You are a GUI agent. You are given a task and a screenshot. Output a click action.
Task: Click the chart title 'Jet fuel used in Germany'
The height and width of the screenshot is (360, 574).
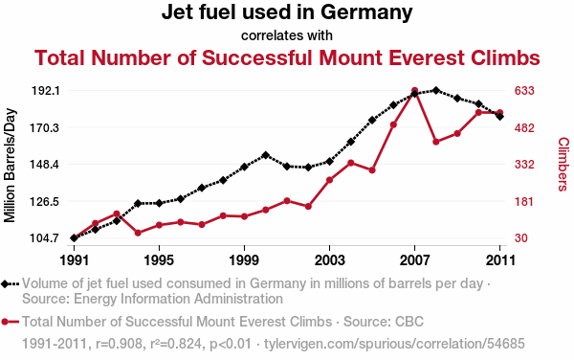[287, 12]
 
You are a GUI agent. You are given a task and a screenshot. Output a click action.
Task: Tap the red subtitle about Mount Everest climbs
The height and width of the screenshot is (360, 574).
[287, 57]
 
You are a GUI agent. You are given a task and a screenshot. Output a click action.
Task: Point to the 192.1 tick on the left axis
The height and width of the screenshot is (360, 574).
[45, 90]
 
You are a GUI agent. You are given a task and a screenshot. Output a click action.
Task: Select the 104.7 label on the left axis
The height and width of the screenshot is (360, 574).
[45, 238]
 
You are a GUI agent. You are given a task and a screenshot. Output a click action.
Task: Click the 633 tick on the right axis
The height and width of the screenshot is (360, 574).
[524, 90]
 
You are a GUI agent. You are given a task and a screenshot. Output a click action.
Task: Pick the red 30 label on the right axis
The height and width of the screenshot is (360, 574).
[521, 238]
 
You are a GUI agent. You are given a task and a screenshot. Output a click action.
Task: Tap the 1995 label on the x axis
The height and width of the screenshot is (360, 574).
[159, 260]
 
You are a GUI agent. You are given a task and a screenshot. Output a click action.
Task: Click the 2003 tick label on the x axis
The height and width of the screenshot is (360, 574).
[329, 260]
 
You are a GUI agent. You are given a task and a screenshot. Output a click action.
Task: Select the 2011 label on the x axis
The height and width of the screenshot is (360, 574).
[500, 260]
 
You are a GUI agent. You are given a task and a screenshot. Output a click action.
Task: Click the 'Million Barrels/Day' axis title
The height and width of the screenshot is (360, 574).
[10, 166]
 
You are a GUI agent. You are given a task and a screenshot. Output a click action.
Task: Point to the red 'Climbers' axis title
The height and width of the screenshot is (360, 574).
[563, 164]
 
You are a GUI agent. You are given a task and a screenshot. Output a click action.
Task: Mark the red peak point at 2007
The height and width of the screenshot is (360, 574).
[414, 90]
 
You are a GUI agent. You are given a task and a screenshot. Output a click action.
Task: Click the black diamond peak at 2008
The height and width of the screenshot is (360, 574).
[435, 90]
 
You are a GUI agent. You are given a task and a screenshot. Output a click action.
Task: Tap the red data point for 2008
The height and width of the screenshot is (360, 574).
[435, 142]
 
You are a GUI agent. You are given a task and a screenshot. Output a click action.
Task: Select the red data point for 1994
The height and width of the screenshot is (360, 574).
[138, 233]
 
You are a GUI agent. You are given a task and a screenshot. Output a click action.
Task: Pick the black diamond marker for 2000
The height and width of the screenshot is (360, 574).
[266, 155]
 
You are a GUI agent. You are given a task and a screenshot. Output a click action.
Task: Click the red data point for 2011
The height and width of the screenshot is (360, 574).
[500, 112]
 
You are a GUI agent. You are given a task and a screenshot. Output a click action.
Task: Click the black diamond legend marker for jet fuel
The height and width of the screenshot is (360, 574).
[5, 283]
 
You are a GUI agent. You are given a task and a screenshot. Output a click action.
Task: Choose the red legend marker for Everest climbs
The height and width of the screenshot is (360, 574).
[5, 322]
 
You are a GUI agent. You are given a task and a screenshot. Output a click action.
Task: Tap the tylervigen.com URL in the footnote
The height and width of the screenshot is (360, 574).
[394, 344]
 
